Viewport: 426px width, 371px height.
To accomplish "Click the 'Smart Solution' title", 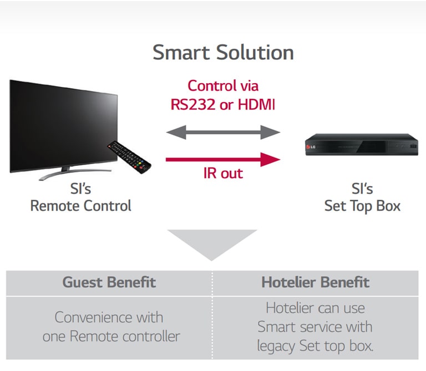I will (223, 53).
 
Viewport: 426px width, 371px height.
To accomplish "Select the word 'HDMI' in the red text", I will (256, 104).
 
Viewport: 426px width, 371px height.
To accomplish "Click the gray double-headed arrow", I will (223, 132).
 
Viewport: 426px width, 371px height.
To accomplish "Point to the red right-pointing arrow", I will (223, 160).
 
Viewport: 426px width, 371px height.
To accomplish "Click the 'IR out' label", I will (222, 173).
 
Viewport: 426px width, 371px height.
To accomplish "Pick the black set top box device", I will (361, 145).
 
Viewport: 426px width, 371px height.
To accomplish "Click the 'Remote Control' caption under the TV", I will (81, 206).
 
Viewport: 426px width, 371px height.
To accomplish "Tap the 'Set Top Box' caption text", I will (362, 206).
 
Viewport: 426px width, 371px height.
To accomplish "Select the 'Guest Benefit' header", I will (109, 282).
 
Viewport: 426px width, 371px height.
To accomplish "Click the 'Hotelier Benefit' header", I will (316, 282).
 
